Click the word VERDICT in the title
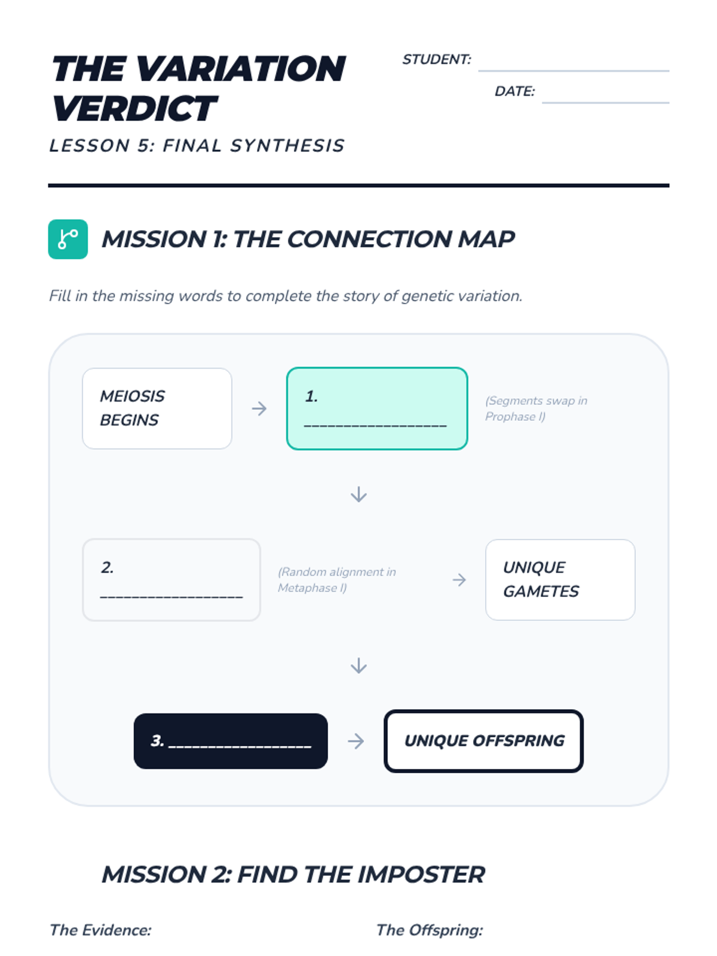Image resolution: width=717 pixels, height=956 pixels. [134, 109]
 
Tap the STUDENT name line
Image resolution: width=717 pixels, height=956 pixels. [573, 69]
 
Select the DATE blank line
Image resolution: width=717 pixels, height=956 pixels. [605, 101]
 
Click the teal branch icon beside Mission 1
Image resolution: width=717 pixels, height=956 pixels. [68, 240]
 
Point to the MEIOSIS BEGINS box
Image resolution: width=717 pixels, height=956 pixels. [157, 409]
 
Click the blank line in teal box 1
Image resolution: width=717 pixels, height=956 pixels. [375, 425]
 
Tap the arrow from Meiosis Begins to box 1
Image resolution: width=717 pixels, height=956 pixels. [259, 409]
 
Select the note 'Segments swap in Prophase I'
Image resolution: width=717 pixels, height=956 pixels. [536, 409]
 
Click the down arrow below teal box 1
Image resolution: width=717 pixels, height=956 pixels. [358, 494]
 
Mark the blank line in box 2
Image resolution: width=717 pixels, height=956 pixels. [171, 596]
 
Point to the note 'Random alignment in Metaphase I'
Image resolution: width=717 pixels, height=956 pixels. [337, 580]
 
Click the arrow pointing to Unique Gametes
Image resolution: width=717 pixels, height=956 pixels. [459, 580]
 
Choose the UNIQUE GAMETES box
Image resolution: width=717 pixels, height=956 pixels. [560, 580]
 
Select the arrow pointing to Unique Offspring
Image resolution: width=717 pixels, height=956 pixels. [356, 741]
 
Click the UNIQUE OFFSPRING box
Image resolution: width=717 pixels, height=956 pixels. [483, 741]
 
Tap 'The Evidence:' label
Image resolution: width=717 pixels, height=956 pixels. [100, 930]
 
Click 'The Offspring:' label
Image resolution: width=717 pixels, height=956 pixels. [429, 930]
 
